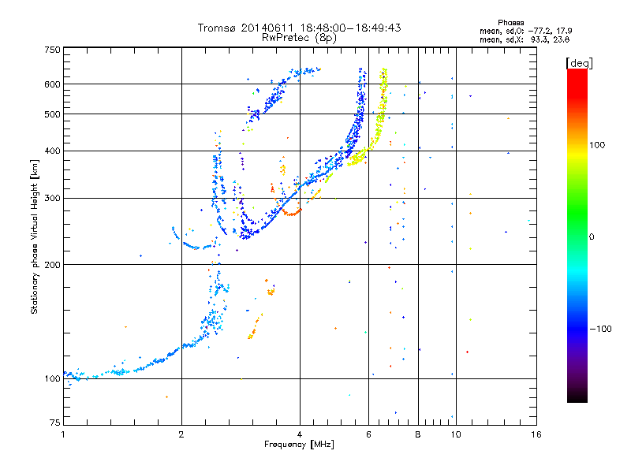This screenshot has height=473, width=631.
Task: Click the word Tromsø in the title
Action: pos(216,28)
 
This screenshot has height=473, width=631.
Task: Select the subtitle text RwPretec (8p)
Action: pos(299,38)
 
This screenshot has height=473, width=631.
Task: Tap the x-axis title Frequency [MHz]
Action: pos(299,445)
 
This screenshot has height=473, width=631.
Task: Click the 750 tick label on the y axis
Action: pos(52,50)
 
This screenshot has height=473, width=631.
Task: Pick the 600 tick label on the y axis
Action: pos(52,84)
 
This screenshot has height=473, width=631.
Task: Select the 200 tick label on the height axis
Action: pos(52,265)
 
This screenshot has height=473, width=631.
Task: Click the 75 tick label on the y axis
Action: pos(54,423)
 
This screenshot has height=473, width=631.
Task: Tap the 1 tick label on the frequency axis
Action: pos(63,434)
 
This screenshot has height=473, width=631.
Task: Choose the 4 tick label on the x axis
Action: pos(300,434)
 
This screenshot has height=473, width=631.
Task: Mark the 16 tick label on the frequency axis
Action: pos(536,434)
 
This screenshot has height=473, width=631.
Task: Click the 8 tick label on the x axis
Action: pos(418,434)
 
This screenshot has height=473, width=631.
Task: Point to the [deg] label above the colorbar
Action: pos(579,63)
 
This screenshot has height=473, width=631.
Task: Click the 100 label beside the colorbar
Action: pos(597,145)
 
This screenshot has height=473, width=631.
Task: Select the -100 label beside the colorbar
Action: pos(601,329)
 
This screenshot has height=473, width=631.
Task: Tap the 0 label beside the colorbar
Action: pos(592,237)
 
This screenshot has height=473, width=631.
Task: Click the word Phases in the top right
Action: pos(510,23)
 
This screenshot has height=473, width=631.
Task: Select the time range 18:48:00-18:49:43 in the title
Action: pos(350,28)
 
